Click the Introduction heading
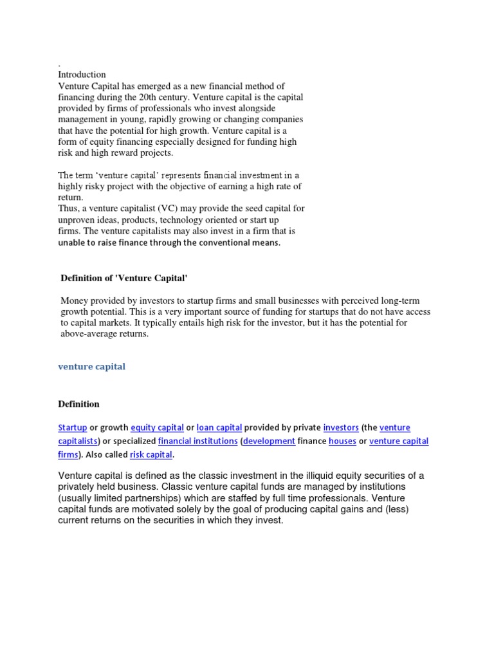click(82, 75)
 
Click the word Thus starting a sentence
click(69, 209)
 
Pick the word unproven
click(77, 219)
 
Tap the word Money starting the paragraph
click(73, 301)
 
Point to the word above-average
click(87, 334)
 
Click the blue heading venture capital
click(92, 366)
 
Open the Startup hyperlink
click(72, 427)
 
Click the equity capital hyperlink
click(157, 427)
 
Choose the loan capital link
click(219, 427)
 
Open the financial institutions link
click(198, 441)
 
